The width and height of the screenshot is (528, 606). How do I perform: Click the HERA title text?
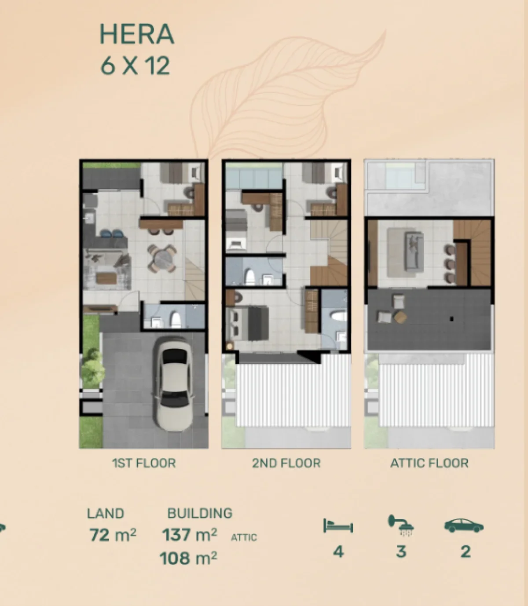tap(137, 34)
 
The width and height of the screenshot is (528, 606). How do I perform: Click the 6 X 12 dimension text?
tap(135, 66)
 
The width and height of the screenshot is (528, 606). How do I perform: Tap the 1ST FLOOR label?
tap(144, 463)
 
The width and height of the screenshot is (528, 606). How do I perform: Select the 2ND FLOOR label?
tap(286, 463)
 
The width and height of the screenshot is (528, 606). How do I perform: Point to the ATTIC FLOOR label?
tap(429, 463)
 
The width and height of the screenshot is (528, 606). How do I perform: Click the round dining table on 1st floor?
tap(162, 259)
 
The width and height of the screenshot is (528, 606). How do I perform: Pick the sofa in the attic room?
tap(414, 251)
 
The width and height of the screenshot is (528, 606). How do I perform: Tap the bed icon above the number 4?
tap(338, 526)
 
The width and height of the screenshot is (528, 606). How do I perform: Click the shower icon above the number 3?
tap(400, 526)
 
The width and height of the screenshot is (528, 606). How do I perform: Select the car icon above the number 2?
tap(464, 525)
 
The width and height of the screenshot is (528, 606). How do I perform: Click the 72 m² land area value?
tap(113, 535)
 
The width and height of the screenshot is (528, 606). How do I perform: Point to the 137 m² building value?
tap(189, 535)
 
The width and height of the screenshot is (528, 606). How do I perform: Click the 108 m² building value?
tap(188, 559)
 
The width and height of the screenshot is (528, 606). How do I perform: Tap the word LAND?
tap(106, 514)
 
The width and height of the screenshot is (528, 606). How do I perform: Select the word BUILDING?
tap(200, 513)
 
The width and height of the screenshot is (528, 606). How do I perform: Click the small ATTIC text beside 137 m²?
tap(244, 537)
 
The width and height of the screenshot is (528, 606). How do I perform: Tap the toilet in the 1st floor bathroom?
tap(175, 320)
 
